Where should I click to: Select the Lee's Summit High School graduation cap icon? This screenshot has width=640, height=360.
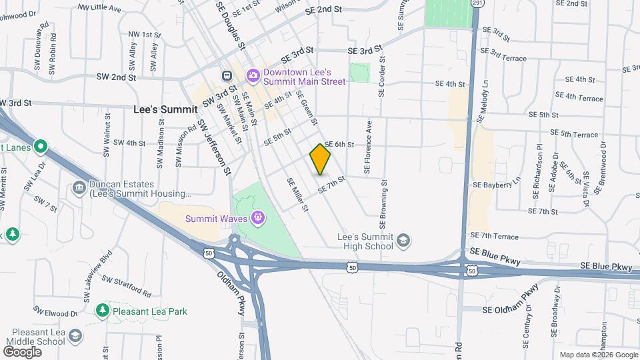point(403,241)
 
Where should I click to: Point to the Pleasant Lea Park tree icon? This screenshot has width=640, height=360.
point(102,311)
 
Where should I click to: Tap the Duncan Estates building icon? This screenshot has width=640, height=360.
point(79,189)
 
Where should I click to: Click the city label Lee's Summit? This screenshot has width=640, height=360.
point(165,109)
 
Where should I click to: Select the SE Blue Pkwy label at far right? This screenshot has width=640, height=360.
point(605,267)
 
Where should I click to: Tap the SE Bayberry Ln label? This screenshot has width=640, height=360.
point(496,183)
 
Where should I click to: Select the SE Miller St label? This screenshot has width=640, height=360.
point(298,195)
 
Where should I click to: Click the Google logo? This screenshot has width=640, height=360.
point(23,351)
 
